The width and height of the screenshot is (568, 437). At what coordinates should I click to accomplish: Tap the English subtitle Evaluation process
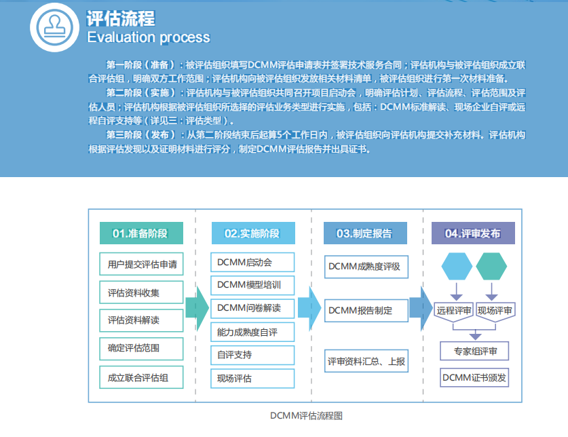coord(149,37)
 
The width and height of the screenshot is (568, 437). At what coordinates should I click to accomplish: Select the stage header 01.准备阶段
coord(140,233)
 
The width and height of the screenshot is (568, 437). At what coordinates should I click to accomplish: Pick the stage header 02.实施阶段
coord(252,233)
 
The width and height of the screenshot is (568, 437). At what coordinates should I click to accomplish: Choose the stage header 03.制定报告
coord(364,233)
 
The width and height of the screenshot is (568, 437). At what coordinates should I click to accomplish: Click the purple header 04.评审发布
coord(473,233)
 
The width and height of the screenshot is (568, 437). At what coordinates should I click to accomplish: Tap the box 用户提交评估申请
coord(142,264)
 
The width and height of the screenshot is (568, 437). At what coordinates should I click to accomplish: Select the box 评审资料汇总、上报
coord(366,361)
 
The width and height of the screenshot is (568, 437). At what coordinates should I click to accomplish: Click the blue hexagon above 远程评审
coord(457,266)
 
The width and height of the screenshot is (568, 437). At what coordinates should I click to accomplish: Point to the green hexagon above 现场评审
coord(491,266)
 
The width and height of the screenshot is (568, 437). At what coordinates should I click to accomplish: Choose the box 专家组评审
coord(474,351)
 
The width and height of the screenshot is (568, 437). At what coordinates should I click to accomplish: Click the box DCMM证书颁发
coord(474,377)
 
